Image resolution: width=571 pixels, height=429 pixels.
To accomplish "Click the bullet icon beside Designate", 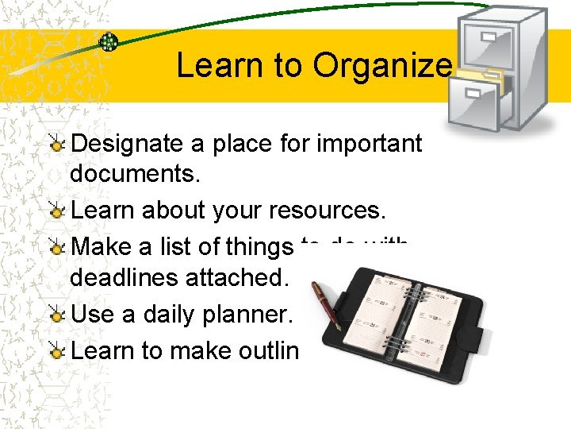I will pyautogui.click(x=56, y=144).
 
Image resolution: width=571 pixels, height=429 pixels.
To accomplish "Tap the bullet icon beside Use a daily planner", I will pyautogui.click(x=56, y=314).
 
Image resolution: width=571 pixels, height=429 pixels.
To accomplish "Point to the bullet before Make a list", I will pyautogui.click(x=56, y=248).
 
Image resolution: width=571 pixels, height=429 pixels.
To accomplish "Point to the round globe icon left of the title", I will pyautogui.click(x=108, y=42).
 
